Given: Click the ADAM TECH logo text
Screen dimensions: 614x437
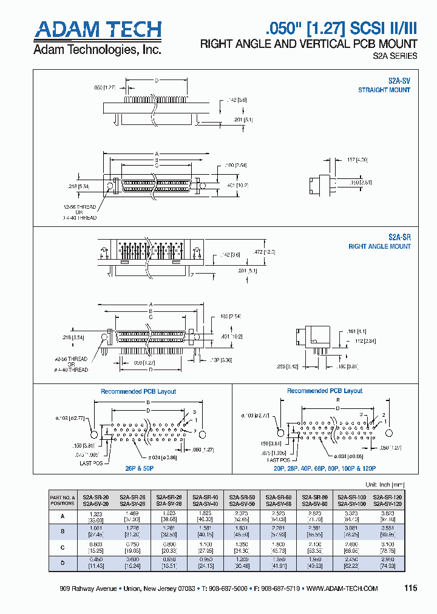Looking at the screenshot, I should [x=97, y=30].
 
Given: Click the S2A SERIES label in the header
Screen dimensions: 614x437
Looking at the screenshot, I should [x=395, y=56].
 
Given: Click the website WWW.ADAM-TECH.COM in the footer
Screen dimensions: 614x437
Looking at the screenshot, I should [x=342, y=589].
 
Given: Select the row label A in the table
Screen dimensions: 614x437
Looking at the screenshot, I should [x=63, y=516].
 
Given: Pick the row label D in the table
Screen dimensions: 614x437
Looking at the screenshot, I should [x=63, y=562].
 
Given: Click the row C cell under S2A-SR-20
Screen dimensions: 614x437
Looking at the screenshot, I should [x=96, y=547].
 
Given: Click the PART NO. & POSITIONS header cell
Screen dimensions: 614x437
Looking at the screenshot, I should [x=63, y=500].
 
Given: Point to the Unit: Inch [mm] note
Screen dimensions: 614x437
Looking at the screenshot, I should [x=384, y=485].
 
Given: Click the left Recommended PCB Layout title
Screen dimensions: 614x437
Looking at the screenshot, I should [x=138, y=391].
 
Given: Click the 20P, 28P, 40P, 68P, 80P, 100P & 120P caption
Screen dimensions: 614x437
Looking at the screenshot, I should [x=325, y=468].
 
